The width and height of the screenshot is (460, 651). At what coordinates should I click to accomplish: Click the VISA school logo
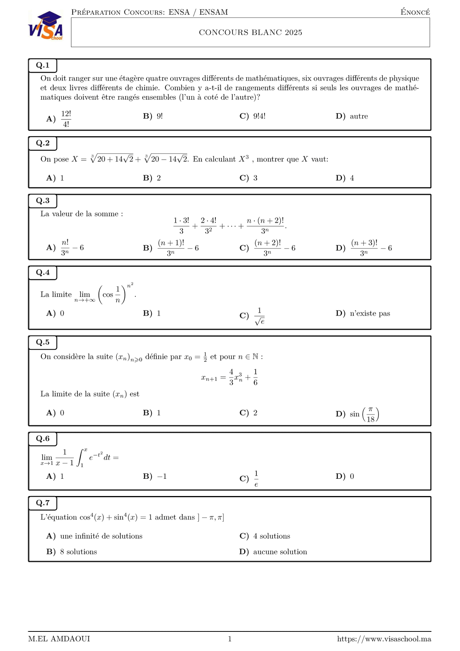tap(46, 26)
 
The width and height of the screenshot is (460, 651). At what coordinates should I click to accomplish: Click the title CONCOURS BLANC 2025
tap(250, 33)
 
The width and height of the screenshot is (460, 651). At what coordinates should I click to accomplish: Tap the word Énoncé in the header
tap(415, 12)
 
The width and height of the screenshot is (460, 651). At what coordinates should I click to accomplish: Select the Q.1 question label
tap(43, 65)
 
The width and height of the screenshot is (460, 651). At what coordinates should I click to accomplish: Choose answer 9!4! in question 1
tap(259, 116)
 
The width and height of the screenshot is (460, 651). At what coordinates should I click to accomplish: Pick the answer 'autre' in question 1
tap(358, 116)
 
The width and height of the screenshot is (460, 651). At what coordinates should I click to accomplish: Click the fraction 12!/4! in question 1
tap(66, 119)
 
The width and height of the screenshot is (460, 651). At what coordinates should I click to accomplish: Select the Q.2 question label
tap(43, 143)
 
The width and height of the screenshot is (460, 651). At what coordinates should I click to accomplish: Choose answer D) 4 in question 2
tap(352, 178)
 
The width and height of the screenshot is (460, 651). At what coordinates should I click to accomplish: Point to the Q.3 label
tap(43, 201)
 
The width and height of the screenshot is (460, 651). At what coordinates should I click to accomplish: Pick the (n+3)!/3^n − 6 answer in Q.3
tap(371, 248)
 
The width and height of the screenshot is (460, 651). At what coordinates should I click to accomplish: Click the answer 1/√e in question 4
tap(260, 316)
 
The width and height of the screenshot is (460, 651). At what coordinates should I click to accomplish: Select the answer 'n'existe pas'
tap(370, 313)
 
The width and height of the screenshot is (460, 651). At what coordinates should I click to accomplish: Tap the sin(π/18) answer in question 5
tap(364, 414)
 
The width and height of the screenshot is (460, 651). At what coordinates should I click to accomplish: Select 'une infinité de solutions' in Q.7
tap(101, 536)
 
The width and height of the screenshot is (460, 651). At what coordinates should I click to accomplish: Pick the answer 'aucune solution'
tap(280, 552)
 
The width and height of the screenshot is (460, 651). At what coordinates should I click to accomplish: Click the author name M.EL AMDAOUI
tap(59, 639)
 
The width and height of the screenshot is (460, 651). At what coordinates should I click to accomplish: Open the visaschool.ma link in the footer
tap(384, 639)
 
